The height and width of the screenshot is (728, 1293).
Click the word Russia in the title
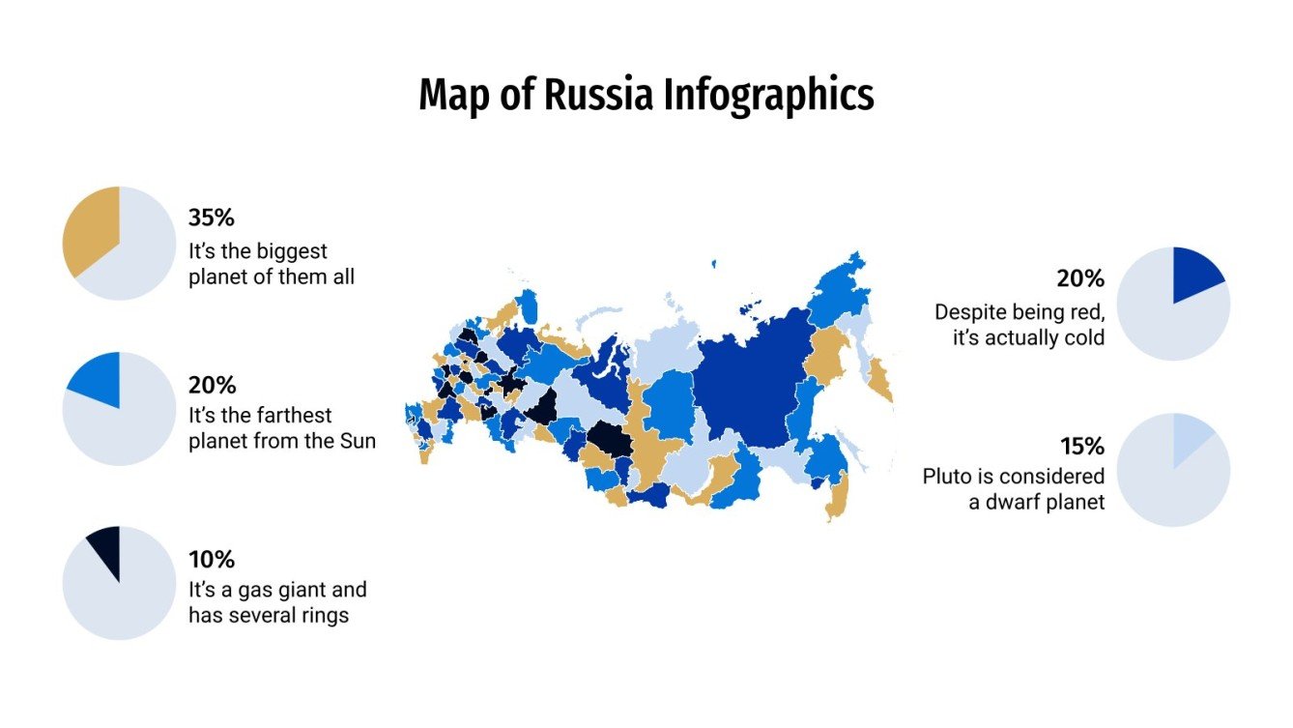tap(600, 96)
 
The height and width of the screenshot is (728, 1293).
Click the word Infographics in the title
tap(769, 96)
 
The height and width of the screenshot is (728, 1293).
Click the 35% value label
tap(212, 218)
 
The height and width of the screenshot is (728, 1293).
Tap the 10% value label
tap(212, 560)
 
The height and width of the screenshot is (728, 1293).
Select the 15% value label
tap(1081, 447)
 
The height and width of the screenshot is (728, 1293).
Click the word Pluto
tap(947, 477)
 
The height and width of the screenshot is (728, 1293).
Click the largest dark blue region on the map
tap(749, 387)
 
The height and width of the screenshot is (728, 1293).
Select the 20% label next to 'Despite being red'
tap(1080, 279)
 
